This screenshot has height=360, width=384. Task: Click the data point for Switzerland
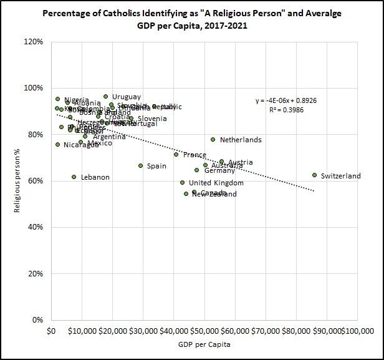315,175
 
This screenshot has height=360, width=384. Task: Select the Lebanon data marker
74,177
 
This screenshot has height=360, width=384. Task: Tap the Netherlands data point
213,140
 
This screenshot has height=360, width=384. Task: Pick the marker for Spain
140,165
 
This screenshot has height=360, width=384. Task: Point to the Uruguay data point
105,97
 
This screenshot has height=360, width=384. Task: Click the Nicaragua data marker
57,145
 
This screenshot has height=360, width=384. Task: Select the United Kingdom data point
183,183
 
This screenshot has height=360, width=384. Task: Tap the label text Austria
240,162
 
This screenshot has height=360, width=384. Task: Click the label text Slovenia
152,119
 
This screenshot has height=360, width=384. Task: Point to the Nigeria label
76,100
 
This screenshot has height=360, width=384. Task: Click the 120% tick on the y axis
32,42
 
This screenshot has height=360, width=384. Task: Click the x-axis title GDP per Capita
204,344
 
